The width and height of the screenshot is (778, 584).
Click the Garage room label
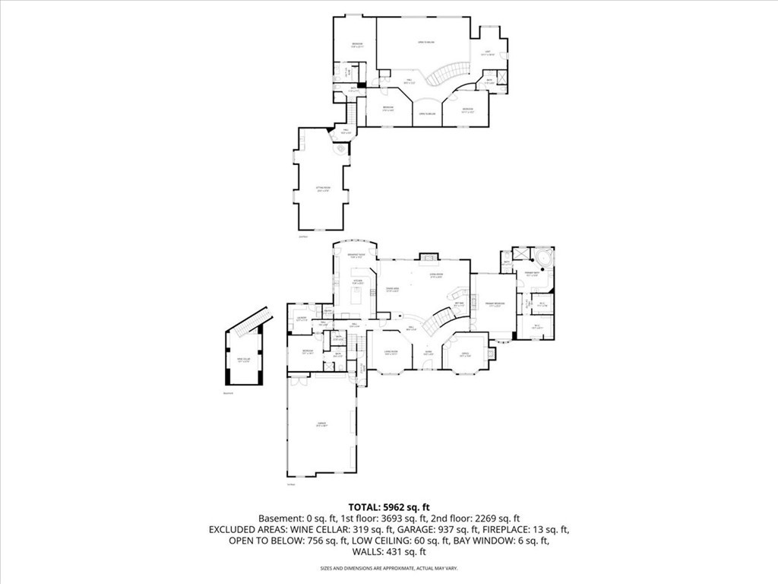(x=321, y=425)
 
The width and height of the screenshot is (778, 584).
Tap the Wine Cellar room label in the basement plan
(x=243, y=360)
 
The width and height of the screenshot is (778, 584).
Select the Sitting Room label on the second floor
(x=322, y=189)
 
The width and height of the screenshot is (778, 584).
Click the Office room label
(x=466, y=354)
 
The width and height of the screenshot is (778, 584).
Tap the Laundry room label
(x=302, y=319)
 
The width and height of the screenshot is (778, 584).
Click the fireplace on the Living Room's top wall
(x=430, y=257)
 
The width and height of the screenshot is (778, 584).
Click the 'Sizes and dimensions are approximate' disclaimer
(x=388, y=568)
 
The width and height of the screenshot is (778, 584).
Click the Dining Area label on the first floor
(x=393, y=290)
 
